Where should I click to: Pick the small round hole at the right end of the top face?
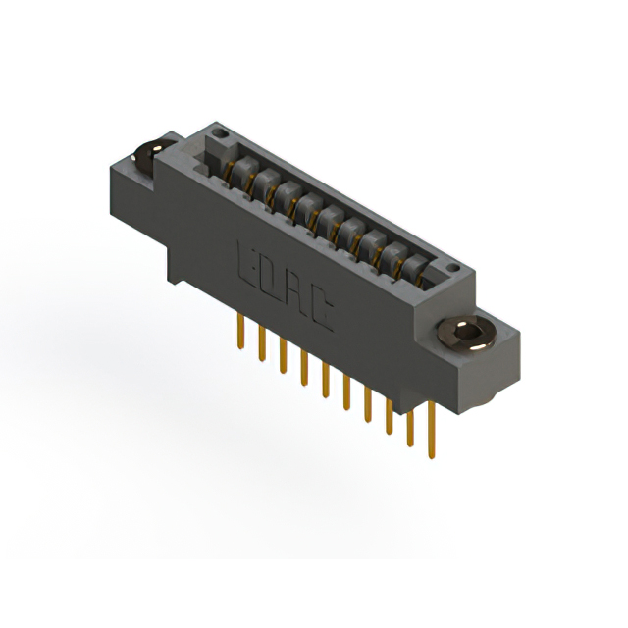pyautogui.click(x=452, y=268)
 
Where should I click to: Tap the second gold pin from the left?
pyautogui.click(x=262, y=344)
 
